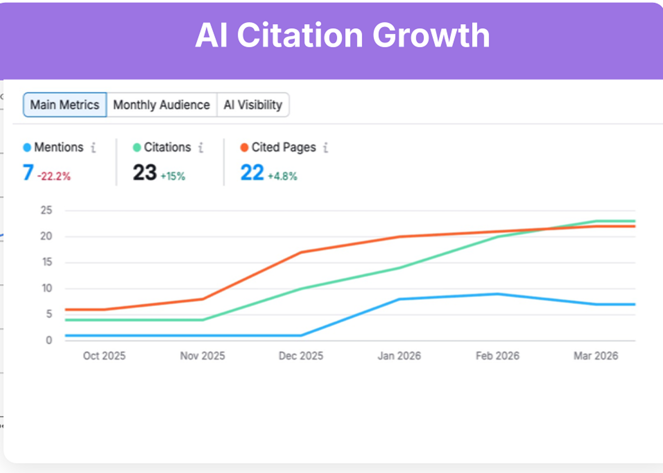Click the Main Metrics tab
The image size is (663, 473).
coord(65,105)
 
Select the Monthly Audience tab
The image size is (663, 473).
coord(162,105)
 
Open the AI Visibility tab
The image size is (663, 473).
coord(253,105)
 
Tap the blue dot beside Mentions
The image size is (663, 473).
coord(27,147)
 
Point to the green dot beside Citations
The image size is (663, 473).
coord(137,147)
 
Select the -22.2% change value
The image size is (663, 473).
coord(54,176)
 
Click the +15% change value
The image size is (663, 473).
coord(173,176)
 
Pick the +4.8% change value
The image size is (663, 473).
coord(282,176)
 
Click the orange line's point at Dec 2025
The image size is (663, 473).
coord(301,252)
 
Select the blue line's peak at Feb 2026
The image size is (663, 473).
coord(498,294)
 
